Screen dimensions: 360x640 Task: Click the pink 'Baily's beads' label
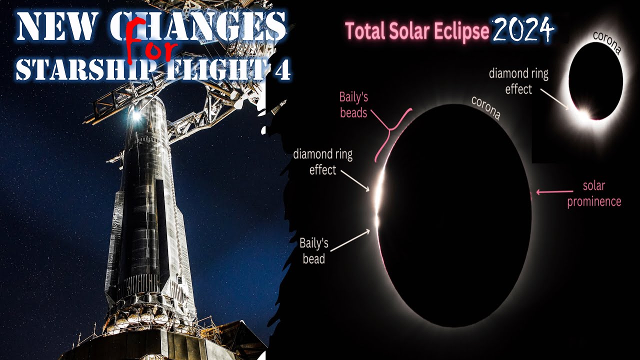point(353,104)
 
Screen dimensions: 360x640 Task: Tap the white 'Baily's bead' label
point(314,251)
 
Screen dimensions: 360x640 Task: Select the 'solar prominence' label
point(594,194)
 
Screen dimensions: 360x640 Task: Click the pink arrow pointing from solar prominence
point(554,191)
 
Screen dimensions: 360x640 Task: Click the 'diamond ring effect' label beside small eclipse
point(518,81)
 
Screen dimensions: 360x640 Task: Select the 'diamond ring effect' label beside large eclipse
point(322,162)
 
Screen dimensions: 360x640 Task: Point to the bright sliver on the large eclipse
point(380,195)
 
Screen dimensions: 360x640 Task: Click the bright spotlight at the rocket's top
point(136,115)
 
